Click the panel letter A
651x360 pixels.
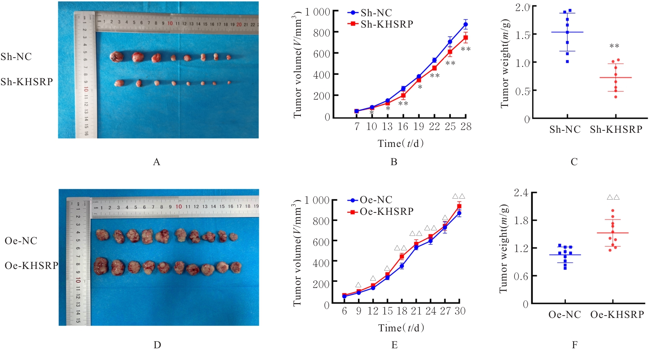pos(156,162)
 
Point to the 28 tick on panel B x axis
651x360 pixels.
pos(466,127)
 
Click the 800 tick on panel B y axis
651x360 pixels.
pos(321,33)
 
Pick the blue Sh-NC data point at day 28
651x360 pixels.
pos(466,24)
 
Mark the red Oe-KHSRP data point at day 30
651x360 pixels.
pos(459,206)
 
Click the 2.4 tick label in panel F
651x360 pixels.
pos(521,193)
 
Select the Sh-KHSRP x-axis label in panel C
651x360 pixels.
pos(616,130)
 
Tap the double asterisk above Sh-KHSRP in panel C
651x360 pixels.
pos(614,46)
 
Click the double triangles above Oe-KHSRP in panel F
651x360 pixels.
pos(613,198)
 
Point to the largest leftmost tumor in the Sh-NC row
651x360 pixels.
pos(115,57)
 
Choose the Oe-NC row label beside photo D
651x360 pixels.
pos(21,241)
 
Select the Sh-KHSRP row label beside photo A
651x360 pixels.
pos(27,82)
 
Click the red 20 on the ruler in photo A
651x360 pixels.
pos(239,24)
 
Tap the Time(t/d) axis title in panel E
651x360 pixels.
pos(401,328)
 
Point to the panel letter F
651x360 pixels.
pos(574,345)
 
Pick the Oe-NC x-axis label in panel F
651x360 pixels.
pos(564,314)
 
